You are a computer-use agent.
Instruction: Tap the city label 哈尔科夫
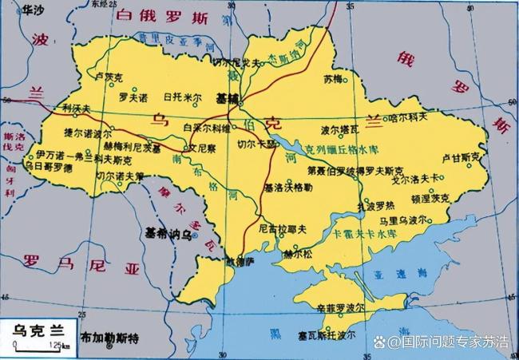click(x=409, y=117)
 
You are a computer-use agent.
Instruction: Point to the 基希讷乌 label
click(x=167, y=235)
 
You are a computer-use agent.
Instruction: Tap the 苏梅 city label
click(x=332, y=80)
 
